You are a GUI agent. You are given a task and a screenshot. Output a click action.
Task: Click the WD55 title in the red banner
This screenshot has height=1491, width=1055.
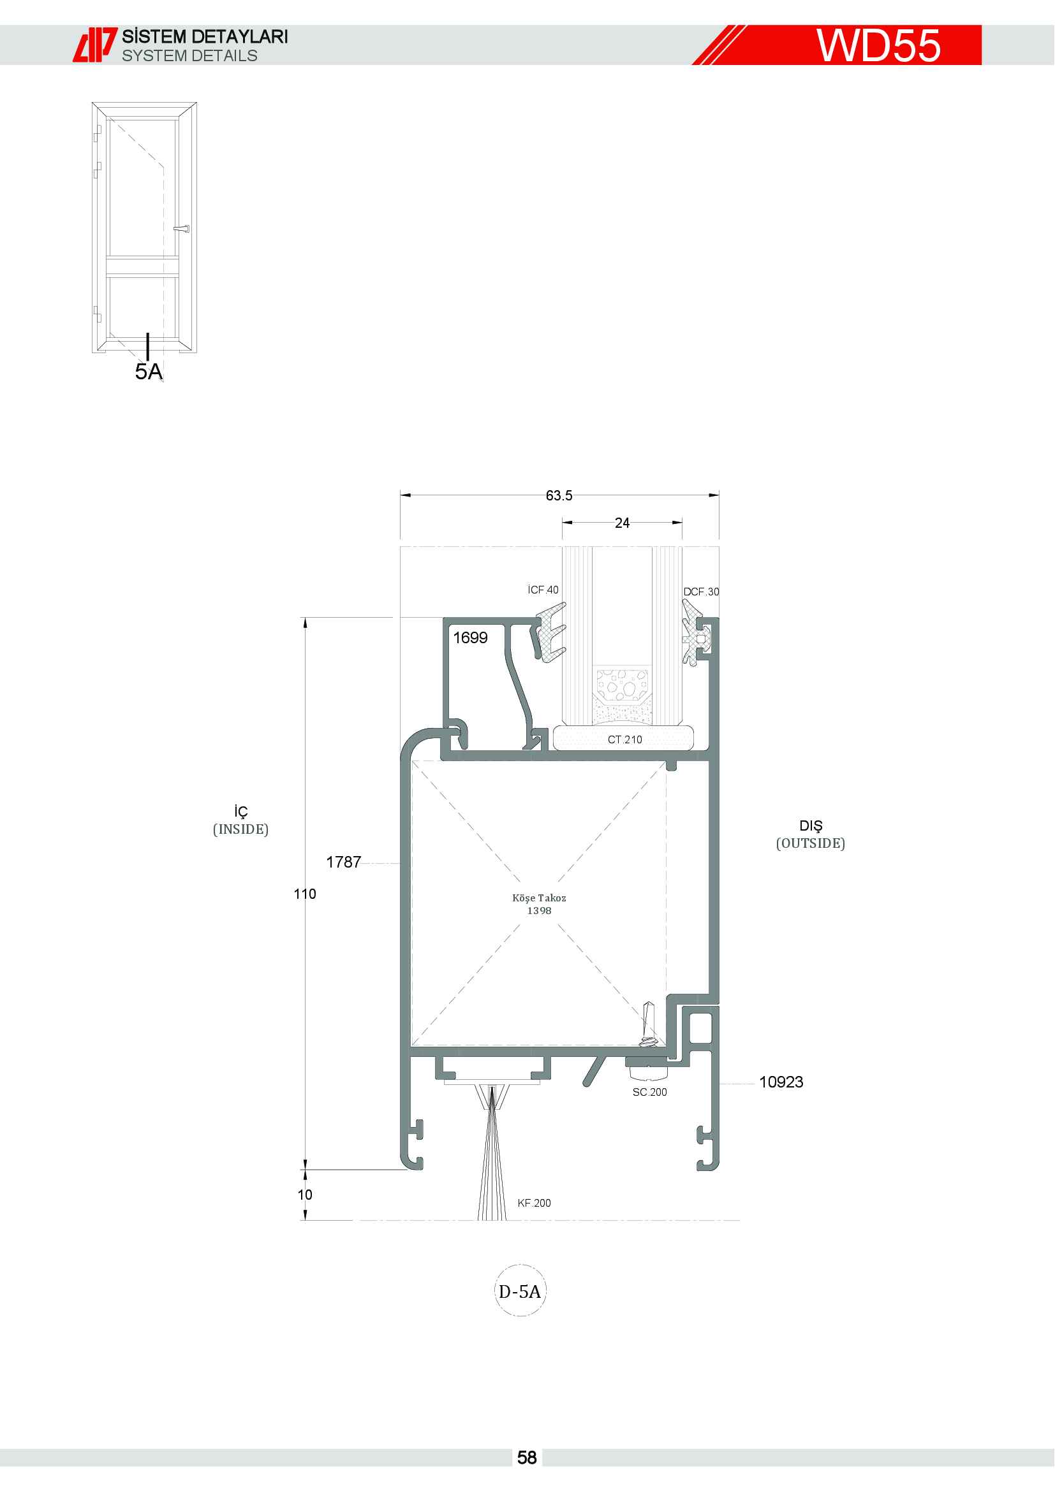878,45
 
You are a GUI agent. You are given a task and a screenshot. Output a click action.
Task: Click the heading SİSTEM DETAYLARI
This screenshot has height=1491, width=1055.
205,36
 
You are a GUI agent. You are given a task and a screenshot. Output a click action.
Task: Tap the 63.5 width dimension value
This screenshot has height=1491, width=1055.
559,495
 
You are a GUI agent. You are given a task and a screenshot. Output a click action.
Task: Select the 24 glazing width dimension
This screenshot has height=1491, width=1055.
622,523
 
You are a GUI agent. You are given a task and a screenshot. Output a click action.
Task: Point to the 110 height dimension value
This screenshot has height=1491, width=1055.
305,894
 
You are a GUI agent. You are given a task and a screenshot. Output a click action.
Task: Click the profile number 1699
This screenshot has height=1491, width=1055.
470,637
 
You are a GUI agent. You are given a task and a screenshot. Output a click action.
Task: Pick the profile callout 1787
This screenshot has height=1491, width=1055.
344,862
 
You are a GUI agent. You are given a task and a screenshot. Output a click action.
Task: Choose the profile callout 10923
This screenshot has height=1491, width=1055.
781,1082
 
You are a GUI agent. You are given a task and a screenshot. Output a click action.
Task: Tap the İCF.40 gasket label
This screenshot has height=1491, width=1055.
543,590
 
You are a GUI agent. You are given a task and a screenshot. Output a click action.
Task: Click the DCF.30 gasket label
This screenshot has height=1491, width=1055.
701,592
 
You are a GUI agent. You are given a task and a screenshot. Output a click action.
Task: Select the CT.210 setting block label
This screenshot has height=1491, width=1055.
625,739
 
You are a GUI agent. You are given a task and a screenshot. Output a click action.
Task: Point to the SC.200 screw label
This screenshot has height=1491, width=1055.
649,1093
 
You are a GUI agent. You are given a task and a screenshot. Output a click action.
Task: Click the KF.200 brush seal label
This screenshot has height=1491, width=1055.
534,1204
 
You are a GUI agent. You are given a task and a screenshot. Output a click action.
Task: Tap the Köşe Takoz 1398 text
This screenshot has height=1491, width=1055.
539,904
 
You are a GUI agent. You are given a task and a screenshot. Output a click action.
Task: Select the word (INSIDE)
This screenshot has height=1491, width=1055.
240,829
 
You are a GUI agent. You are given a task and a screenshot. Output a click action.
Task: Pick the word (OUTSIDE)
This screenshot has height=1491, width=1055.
811,843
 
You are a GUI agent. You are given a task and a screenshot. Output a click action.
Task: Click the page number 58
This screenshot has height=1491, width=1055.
527,1458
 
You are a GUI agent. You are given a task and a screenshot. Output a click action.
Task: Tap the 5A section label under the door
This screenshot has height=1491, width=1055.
149,372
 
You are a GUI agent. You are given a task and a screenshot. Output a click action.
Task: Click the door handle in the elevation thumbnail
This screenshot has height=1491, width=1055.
182,229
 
